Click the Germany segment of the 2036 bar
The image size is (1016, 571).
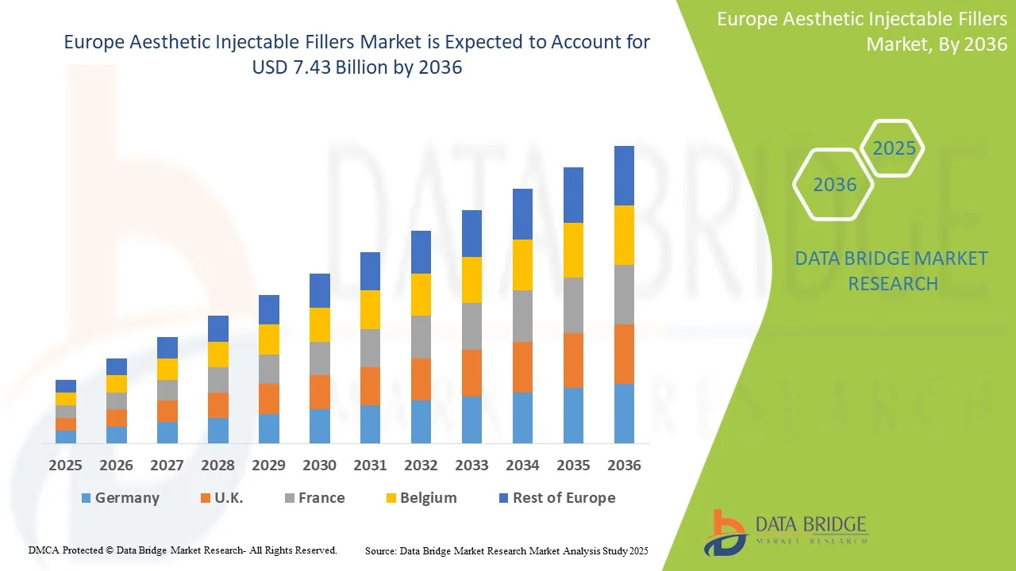point(624,413)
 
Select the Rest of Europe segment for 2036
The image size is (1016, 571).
point(624,175)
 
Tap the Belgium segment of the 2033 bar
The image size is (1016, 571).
point(471,280)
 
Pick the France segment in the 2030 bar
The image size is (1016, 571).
point(319,358)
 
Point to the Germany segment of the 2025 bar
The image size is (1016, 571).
point(65,436)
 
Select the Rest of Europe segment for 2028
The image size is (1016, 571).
point(217,328)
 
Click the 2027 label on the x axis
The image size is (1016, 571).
point(167,466)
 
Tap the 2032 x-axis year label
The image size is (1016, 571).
point(421,466)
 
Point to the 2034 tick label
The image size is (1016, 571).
point(522,466)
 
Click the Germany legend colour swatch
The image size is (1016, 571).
point(86,498)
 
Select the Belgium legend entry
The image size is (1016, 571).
point(428,498)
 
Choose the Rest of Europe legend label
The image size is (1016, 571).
point(564,498)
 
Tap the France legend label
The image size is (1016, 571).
point(321,498)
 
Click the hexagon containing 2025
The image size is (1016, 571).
point(894,148)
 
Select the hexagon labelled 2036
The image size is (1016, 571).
point(834,185)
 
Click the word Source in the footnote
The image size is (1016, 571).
point(380,550)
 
